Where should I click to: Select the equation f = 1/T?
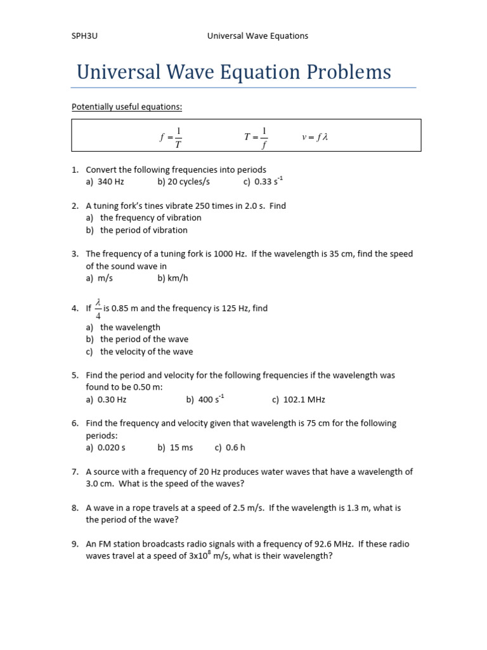171,136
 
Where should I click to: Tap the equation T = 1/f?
256,136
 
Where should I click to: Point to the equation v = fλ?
315,136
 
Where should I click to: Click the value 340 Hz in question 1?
111,182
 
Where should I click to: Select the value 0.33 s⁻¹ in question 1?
268,182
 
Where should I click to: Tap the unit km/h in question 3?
178,278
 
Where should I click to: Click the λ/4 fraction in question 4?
98,308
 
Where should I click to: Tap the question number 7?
75,472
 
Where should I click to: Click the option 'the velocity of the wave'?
146,352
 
